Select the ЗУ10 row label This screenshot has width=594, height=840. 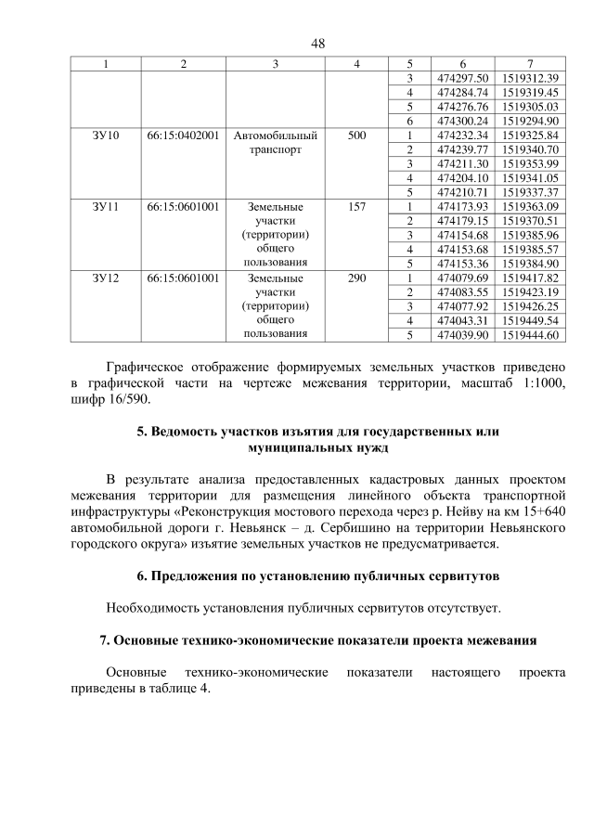point(106,136)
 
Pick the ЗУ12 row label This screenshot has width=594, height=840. point(106,278)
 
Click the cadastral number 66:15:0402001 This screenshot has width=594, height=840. point(183,136)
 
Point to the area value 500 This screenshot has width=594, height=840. point(355,136)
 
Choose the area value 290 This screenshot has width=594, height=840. point(355,278)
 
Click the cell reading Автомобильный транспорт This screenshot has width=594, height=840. point(276,142)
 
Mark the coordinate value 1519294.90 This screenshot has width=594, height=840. point(527,121)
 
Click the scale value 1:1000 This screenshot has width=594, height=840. point(538,383)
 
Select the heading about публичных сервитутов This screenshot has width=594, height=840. point(317,575)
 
